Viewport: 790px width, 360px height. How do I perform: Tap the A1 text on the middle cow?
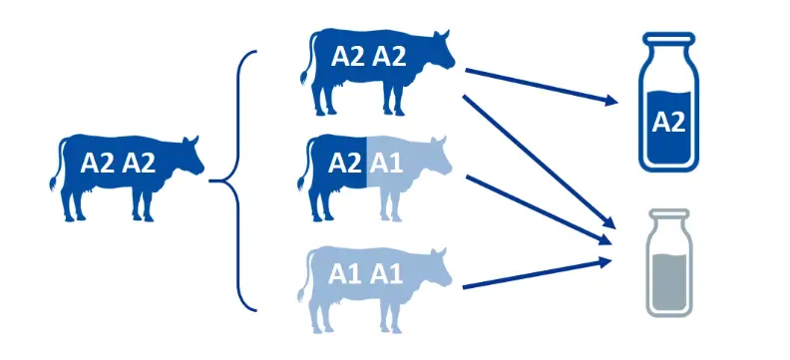[387, 164]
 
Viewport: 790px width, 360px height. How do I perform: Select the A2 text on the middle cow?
[345, 164]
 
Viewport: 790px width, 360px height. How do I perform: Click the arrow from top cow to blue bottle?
[539, 85]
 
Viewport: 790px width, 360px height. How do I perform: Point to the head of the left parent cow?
[190, 155]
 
